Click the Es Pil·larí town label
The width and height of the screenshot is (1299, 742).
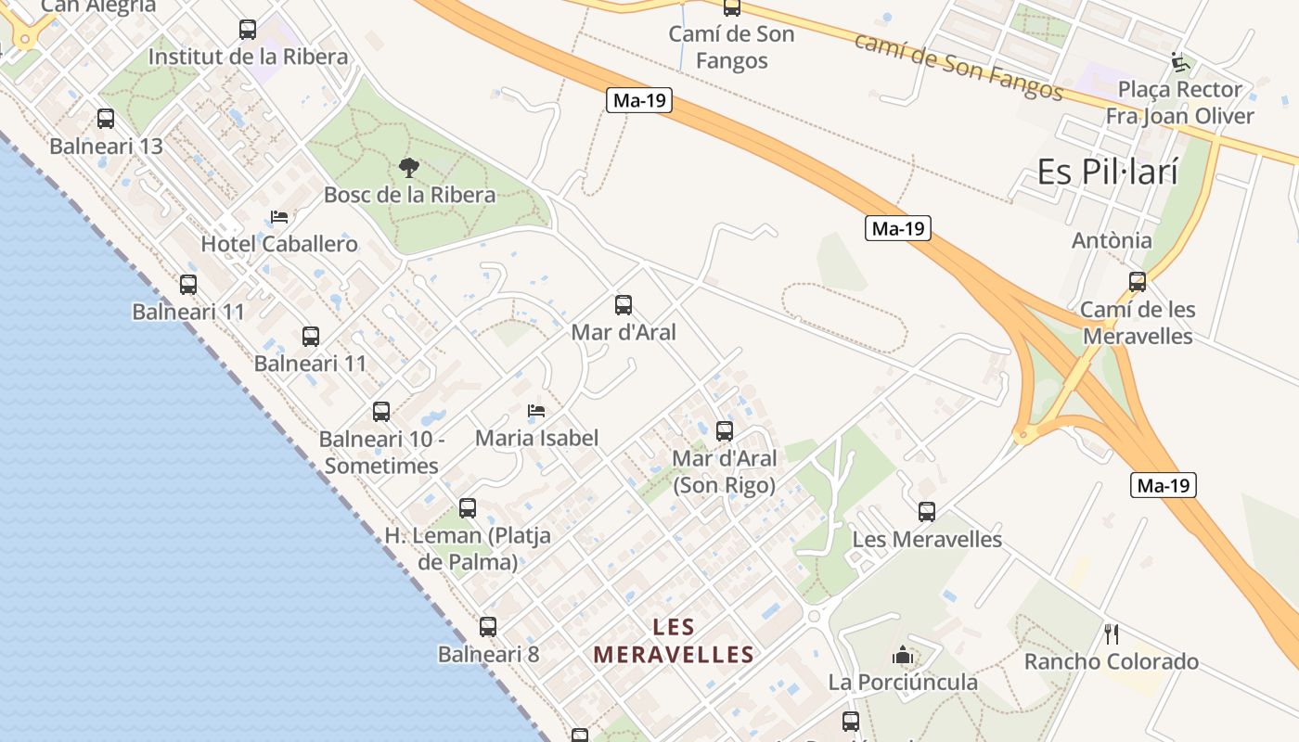pyautogui.click(x=1107, y=172)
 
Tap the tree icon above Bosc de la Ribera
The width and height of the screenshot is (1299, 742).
pyautogui.click(x=408, y=168)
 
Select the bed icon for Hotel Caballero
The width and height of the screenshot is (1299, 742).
pyautogui.click(x=278, y=217)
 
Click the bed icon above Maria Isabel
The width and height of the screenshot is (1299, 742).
pyautogui.click(x=536, y=410)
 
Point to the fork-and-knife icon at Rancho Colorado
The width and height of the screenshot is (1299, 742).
pyautogui.click(x=1112, y=634)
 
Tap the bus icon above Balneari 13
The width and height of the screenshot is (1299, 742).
pyautogui.click(x=106, y=119)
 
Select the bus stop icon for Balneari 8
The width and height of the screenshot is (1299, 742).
pyautogui.click(x=488, y=627)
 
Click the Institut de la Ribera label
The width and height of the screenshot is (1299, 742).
pyautogui.click(x=248, y=57)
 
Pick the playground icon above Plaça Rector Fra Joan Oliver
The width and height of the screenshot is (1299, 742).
pyautogui.click(x=1179, y=62)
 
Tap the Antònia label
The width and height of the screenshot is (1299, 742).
pyautogui.click(x=1112, y=240)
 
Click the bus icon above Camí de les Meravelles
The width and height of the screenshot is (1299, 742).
pyautogui.click(x=1138, y=282)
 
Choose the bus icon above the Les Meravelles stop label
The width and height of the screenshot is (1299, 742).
pyautogui.click(x=926, y=512)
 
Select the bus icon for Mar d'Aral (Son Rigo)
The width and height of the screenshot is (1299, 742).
pyautogui.click(x=725, y=431)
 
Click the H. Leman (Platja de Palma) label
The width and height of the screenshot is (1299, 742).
pyautogui.click(x=468, y=548)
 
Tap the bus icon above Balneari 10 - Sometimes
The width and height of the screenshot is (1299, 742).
pyautogui.click(x=381, y=412)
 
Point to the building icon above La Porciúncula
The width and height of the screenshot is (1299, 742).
pyautogui.click(x=902, y=656)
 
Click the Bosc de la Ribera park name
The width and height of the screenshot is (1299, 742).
pyautogui.click(x=409, y=195)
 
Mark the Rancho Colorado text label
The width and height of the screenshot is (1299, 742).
pyautogui.click(x=1111, y=661)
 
